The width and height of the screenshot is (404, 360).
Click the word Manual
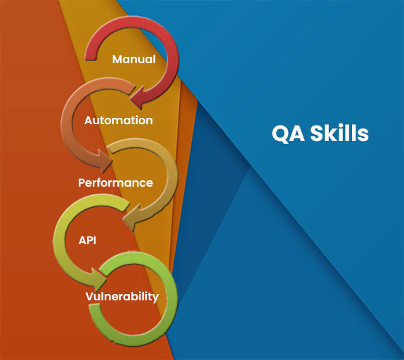tap(134, 59)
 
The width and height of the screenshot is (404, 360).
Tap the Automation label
tap(119, 121)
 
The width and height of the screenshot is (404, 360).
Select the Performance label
tap(115, 183)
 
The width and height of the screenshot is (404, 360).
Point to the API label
tap(87, 240)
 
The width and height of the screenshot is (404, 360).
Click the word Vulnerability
tap(122, 297)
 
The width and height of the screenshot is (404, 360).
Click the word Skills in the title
tap(339, 133)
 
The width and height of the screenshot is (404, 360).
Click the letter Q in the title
tap(280, 134)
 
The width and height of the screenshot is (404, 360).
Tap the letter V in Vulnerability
tap(90, 296)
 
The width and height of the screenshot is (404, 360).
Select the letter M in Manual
tap(117, 59)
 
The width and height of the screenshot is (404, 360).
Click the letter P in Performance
tap(82, 182)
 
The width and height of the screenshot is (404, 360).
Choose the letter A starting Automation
tap(89, 121)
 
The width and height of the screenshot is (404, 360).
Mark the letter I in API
tap(95, 240)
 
